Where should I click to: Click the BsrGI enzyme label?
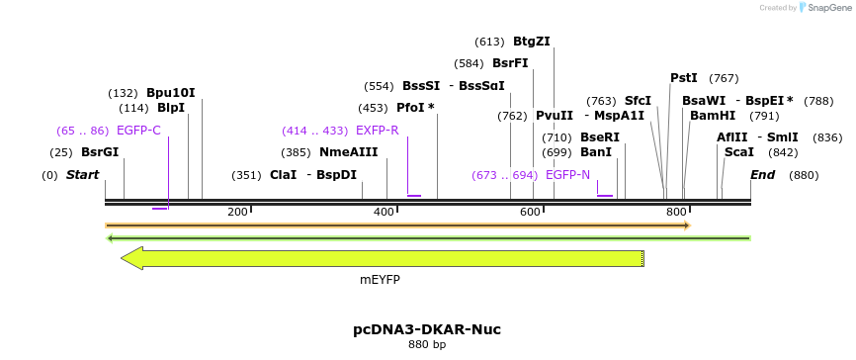[x=99, y=152]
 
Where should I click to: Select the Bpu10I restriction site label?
[x=170, y=93]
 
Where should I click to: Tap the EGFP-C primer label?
[x=138, y=131]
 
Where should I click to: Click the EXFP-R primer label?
[x=377, y=131]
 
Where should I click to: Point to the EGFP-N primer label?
[x=567, y=175]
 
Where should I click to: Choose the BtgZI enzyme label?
[x=531, y=42]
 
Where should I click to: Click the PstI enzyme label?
[x=683, y=78]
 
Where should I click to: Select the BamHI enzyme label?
[x=712, y=116]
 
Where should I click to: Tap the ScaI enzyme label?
[x=738, y=152]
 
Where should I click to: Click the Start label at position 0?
[x=82, y=175]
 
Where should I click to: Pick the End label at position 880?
[x=762, y=175]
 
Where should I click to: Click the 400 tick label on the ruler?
[x=384, y=213]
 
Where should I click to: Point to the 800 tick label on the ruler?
[x=676, y=213]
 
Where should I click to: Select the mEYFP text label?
[x=380, y=280]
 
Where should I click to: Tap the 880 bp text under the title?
[x=427, y=345]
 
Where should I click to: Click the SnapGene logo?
[x=824, y=8]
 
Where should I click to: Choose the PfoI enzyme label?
[x=410, y=108]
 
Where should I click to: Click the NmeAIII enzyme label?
[x=348, y=152]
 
